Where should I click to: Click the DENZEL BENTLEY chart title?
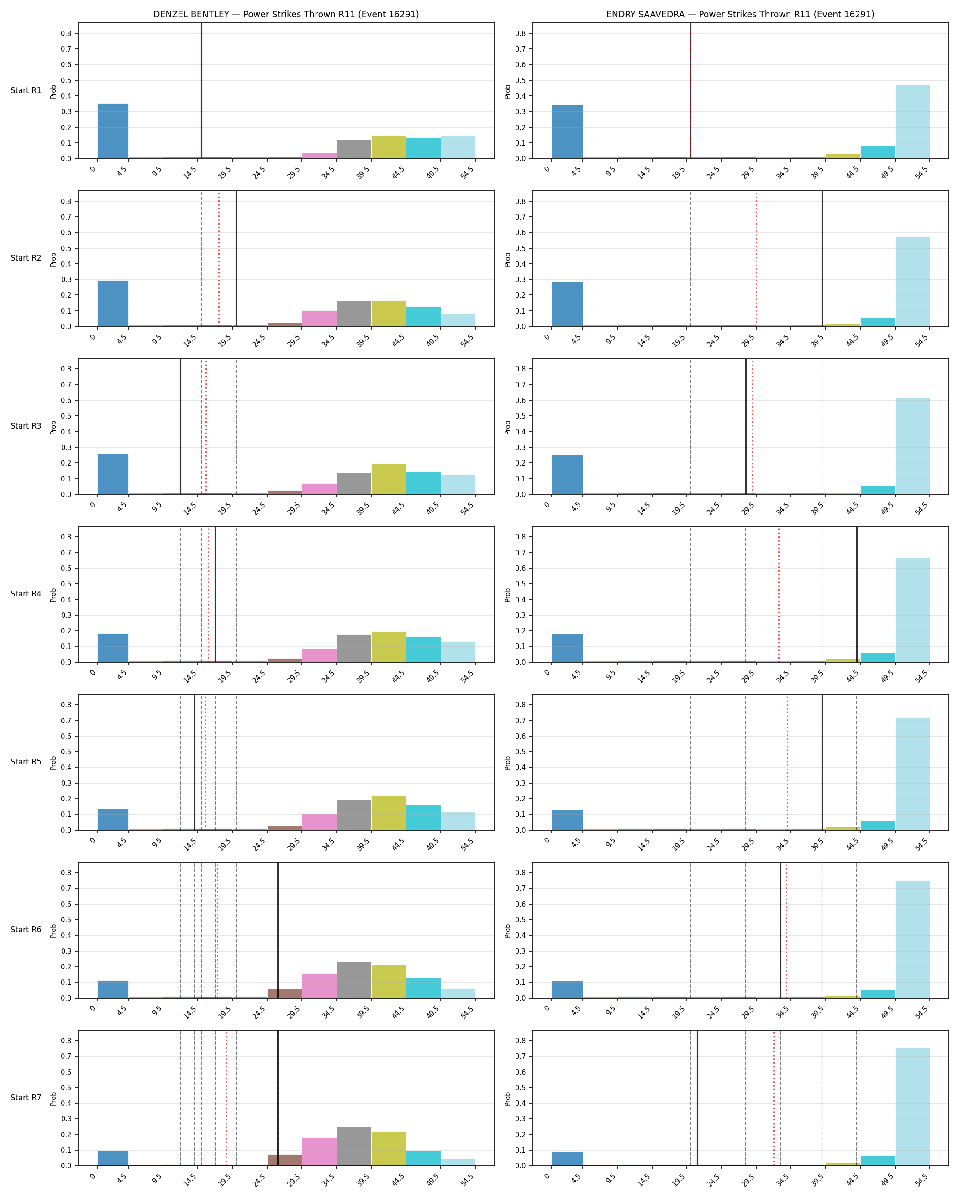286,15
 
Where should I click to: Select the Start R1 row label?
26,90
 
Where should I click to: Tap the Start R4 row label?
26,594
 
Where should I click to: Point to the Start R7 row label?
26,1098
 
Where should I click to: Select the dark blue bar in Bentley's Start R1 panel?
113,131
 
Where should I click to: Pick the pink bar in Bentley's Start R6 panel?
319,986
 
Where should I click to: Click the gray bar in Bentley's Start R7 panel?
354,1146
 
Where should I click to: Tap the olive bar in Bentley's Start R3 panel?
389,479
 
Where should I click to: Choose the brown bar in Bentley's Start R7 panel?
285,1160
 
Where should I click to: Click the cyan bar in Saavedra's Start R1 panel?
878,152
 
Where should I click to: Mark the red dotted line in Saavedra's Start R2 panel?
756,258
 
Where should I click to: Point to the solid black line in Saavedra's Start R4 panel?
857,595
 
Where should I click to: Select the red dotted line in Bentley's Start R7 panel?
226,1098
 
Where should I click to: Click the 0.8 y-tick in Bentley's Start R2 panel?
66,201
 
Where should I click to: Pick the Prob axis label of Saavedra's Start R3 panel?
507,427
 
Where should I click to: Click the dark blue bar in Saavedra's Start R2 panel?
567,304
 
